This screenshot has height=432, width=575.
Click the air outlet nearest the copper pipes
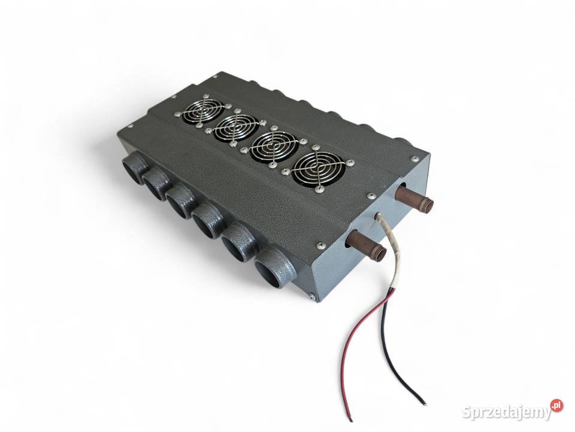(x=275, y=268)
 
